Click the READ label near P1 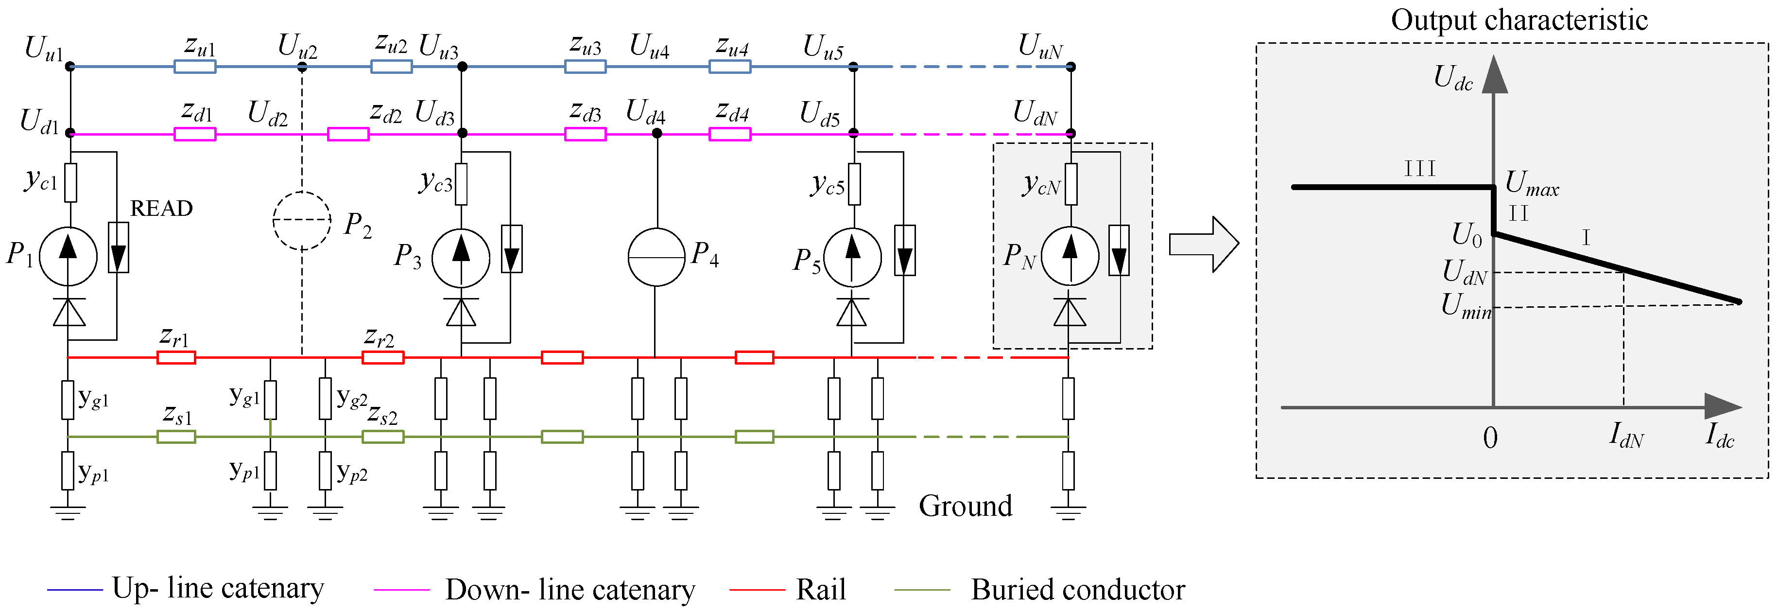click(x=161, y=209)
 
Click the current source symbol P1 click(x=69, y=256)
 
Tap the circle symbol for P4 click(x=656, y=257)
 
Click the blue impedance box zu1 click(x=195, y=67)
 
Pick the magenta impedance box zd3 click(x=586, y=134)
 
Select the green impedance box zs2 click(x=383, y=437)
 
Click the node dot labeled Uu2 click(x=302, y=67)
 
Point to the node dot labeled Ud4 click(x=657, y=133)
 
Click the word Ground click(x=965, y=506)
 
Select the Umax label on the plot click(x=1532, y=184)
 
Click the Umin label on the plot click(x=1466, y=306)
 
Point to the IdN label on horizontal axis click(x=1626, y=436)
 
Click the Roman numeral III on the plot click(x=1420, y=169)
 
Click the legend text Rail click(x=821, y=590)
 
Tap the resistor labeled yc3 click(x=461, y=184)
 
